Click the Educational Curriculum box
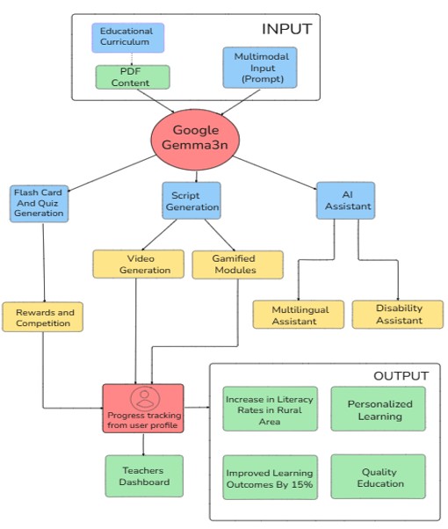click(128, 38)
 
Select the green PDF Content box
click(133, 77)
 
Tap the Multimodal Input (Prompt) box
click(260, 68)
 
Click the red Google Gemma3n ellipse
click(195, 139)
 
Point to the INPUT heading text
click(286, 29)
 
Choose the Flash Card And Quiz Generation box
click(40, 204)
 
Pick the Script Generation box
click(191, 200)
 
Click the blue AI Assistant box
click(345, 200)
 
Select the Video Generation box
click(138, 264)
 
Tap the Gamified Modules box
click(237, 264)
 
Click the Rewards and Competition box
click(42, 317)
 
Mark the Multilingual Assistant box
click(299, 315)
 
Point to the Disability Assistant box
click(398, 315)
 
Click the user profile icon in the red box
click(145, 398)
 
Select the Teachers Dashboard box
click(144, 476)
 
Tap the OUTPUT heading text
click(401, 376)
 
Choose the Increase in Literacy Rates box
click(270, 409)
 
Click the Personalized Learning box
click(379, 409)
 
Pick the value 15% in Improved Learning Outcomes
click(301, 484)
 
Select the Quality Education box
click(379, 476)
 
